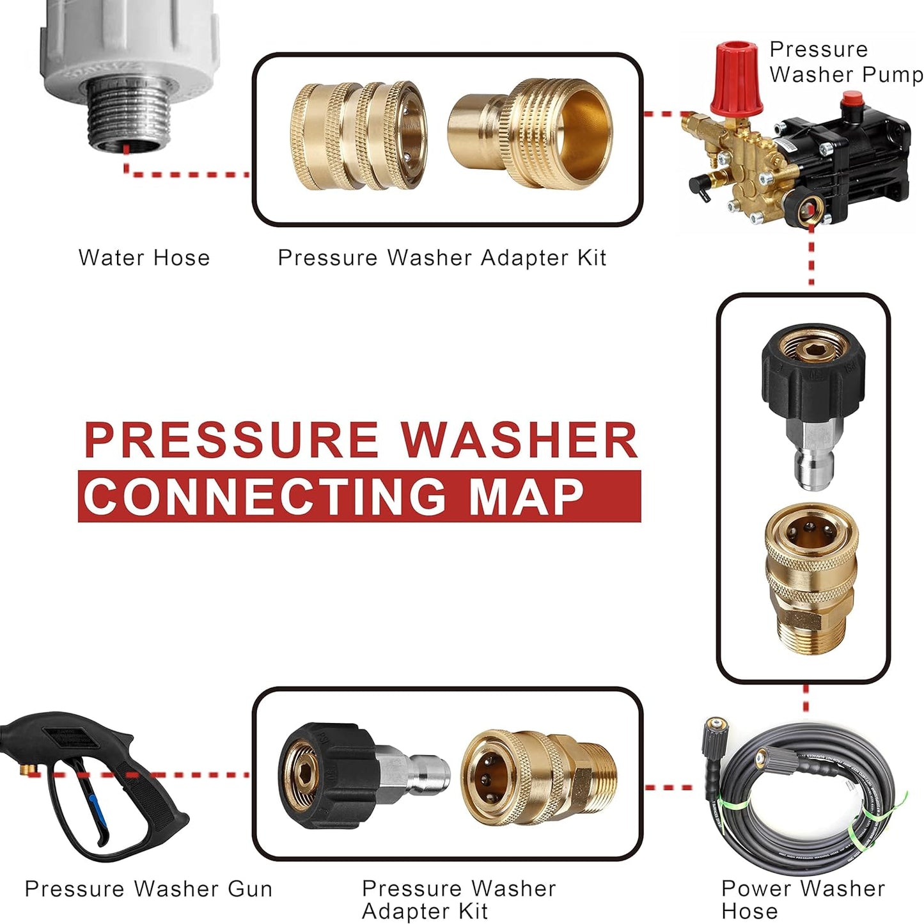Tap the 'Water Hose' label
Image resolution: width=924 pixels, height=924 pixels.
pos(145,259)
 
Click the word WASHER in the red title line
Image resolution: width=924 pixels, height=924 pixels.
pos(519,440)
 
